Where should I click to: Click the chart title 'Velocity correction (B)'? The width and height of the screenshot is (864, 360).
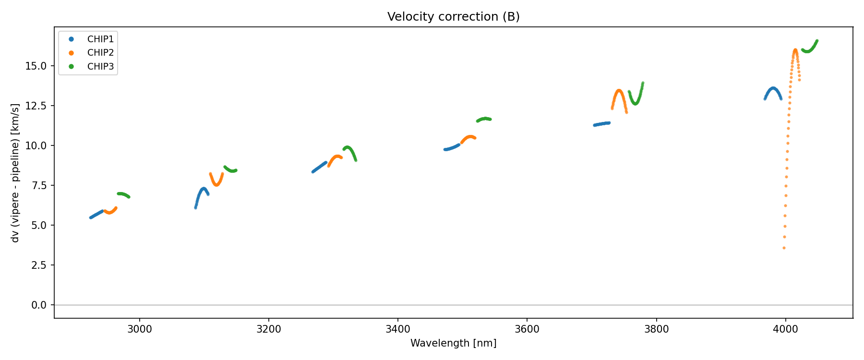tap(453, 17)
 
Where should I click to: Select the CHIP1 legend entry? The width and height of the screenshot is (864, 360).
tap(100, 39)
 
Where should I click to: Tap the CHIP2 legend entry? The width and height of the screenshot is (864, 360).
tap(100, 53)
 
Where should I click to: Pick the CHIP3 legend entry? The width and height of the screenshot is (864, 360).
tap(100, 67)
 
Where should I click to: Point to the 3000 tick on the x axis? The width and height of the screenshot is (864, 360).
tap(140, 329)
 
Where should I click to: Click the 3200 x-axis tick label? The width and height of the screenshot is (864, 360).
tap(269, 329)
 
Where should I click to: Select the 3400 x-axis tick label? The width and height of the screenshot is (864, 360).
tap(398, 329)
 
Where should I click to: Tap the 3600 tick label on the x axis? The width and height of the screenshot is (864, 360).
tap(527, 329)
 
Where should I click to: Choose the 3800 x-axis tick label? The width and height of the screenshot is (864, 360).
tap(656, 329)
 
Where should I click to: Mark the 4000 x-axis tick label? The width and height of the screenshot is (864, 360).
tap(785, 329)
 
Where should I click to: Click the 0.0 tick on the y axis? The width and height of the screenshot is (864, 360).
tap(39, 305)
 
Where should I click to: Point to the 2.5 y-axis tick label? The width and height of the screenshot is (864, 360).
tap(39, 265)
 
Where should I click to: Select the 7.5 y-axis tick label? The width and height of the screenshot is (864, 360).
tap(39, 186)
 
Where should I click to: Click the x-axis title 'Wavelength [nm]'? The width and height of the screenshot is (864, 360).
tap(453, 343)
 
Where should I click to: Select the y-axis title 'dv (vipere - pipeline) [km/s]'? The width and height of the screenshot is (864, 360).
tap(15, 173)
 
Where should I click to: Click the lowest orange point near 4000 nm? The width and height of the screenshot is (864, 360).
tap(784, 248)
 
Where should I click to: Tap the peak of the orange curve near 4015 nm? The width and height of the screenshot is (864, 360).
tap(795, 50)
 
